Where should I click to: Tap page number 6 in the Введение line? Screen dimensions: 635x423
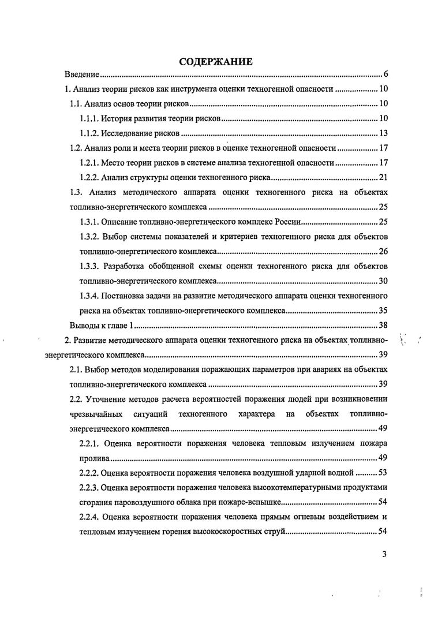tap(384, 74)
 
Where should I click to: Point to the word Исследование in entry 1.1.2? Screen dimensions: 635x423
tap(126, 133)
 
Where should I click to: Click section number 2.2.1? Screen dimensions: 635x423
tap(88, 444)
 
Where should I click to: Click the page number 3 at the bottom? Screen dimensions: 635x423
tap(384, 555)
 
